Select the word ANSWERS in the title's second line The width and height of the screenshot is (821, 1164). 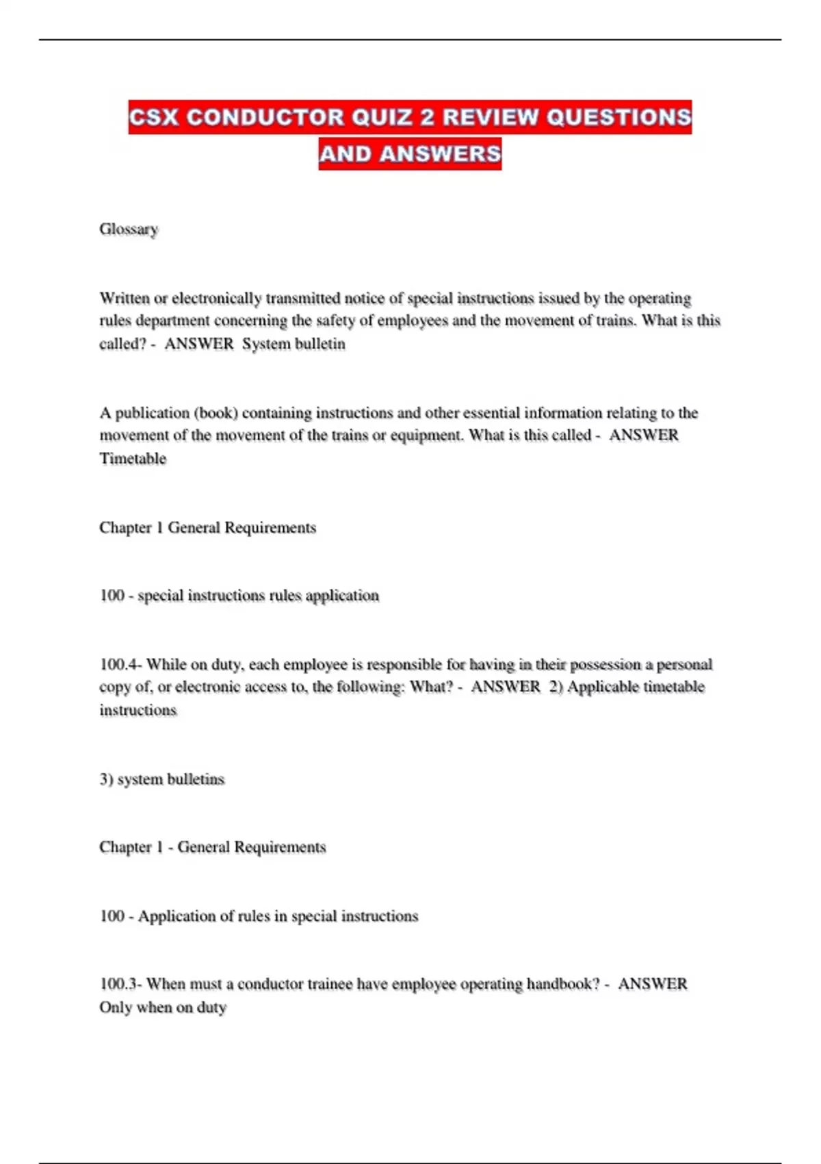tap(440, 153)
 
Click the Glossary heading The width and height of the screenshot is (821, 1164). tap(129, 229)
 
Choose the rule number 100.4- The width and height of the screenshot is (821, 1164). tap(120, 664)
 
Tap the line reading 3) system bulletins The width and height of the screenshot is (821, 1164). tap(161, 779)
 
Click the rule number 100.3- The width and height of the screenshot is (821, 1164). tap(120, 984)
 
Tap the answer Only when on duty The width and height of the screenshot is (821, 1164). tap(163, 1007)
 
